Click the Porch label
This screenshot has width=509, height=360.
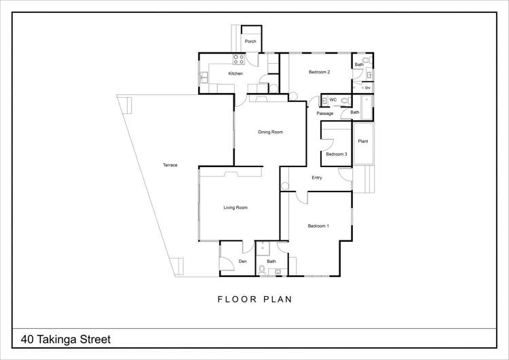click(250, 41)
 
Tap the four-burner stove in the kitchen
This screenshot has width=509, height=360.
click(239, 58)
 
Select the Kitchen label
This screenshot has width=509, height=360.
click(235, 73)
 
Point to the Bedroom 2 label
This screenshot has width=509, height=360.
click(319, 72)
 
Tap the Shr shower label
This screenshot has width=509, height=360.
click(367, 88)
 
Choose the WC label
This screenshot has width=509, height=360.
click(333, 100)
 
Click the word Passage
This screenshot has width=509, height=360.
click(325, 113)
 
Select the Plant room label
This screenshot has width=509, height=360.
click(363, 141)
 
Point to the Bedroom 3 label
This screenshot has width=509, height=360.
click(336, 154)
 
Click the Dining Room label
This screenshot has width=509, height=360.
click(270, 132)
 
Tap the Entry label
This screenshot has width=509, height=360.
click(316, 178)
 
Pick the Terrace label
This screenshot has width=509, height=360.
click(170, 165)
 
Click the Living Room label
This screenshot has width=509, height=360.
click(235, 208)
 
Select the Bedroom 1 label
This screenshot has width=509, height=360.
click(318, 226)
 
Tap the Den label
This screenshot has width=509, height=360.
click(242, 262)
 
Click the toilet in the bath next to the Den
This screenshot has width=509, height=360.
click(263, 270)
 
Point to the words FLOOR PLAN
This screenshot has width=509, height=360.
click(254, 300)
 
